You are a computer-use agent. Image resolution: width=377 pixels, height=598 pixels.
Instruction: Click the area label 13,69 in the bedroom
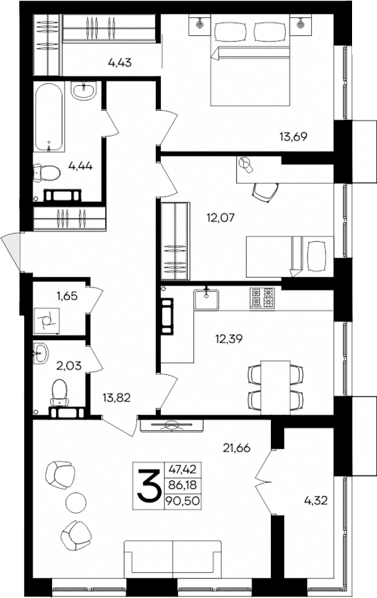point(293,137)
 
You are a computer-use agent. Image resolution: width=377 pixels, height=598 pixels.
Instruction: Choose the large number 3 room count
point(148,486)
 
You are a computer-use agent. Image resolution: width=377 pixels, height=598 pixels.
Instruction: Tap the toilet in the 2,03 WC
point(60,392)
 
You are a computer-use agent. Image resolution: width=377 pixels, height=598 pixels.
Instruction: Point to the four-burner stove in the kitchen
point(263,299)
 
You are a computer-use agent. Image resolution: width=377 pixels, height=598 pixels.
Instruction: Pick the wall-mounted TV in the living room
point(170,425)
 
